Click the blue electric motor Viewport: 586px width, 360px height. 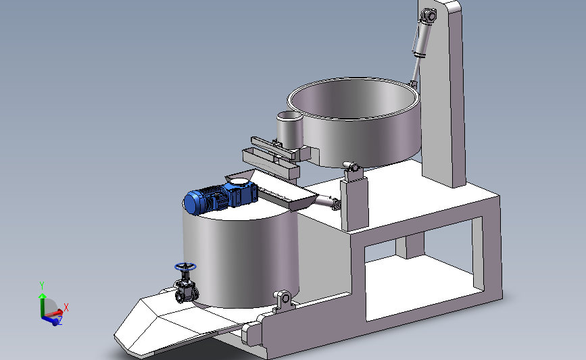coord(205,200)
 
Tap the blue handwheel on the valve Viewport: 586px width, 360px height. coord(185,267)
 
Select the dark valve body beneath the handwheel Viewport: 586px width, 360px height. coord(186,290)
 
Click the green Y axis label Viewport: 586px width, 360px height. coord(42,286)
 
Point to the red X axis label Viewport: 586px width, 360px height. coord(66,307)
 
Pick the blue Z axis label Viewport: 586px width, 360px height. coord(59,320)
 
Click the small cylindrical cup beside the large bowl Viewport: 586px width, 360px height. coord(290,131)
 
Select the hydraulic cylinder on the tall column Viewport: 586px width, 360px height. coord(421,41)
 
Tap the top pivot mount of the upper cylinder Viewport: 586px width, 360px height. coord(429,16)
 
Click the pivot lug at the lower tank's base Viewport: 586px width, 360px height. coord(284,300)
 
